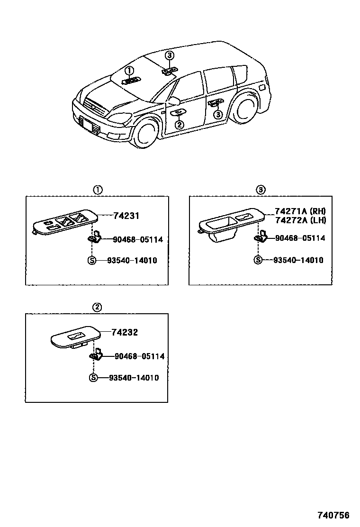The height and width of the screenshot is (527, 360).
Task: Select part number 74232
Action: click(x=125, y=333)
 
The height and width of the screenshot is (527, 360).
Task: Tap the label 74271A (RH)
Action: click(x=300, y=211)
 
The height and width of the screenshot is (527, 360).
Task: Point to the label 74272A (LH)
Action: click(x=300, y=220)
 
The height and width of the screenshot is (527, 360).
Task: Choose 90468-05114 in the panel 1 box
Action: click(x=138, y=240)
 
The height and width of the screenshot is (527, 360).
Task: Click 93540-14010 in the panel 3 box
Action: click(x=298, y=260)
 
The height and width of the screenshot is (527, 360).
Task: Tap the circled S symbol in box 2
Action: click(x=93, y=378)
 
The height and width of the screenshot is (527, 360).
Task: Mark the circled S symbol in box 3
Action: click(x=258, y=260)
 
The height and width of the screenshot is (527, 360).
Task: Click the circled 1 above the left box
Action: click(x=97, y=190)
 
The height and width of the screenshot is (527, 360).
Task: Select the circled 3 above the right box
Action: click(x=260, y=190)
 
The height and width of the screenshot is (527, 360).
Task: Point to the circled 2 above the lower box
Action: click(x=97, y=307)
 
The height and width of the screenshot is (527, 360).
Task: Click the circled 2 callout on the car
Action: click(x=179, y=125)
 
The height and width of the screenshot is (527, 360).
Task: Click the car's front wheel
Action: click(x=145, y=133)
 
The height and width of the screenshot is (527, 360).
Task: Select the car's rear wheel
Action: click(x=245, y=112)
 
